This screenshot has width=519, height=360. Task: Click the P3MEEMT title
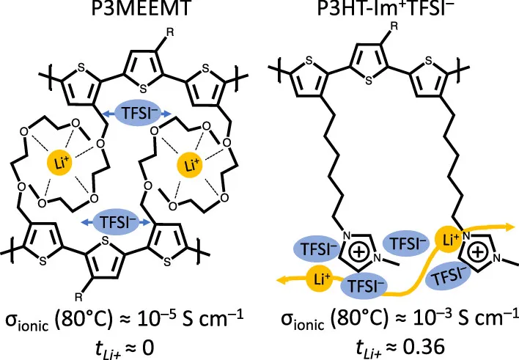click(x=141, y=8)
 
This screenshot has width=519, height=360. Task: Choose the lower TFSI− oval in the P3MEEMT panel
click(x=115, y=221)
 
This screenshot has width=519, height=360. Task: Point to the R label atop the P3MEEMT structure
click(x=169, y=32)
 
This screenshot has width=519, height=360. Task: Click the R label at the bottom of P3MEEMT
click(x=78, y=297)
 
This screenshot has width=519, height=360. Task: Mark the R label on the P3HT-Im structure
click(x=394, y=26)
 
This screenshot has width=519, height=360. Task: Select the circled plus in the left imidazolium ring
click(x=358, y=253)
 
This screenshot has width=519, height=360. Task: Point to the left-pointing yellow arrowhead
click(x=282, y=281)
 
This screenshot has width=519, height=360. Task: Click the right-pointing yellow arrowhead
click(x=509, y=227)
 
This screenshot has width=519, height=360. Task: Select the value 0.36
click(x=424, y=347)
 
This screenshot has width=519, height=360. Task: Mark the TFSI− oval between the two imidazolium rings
click(x=405, y=243)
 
